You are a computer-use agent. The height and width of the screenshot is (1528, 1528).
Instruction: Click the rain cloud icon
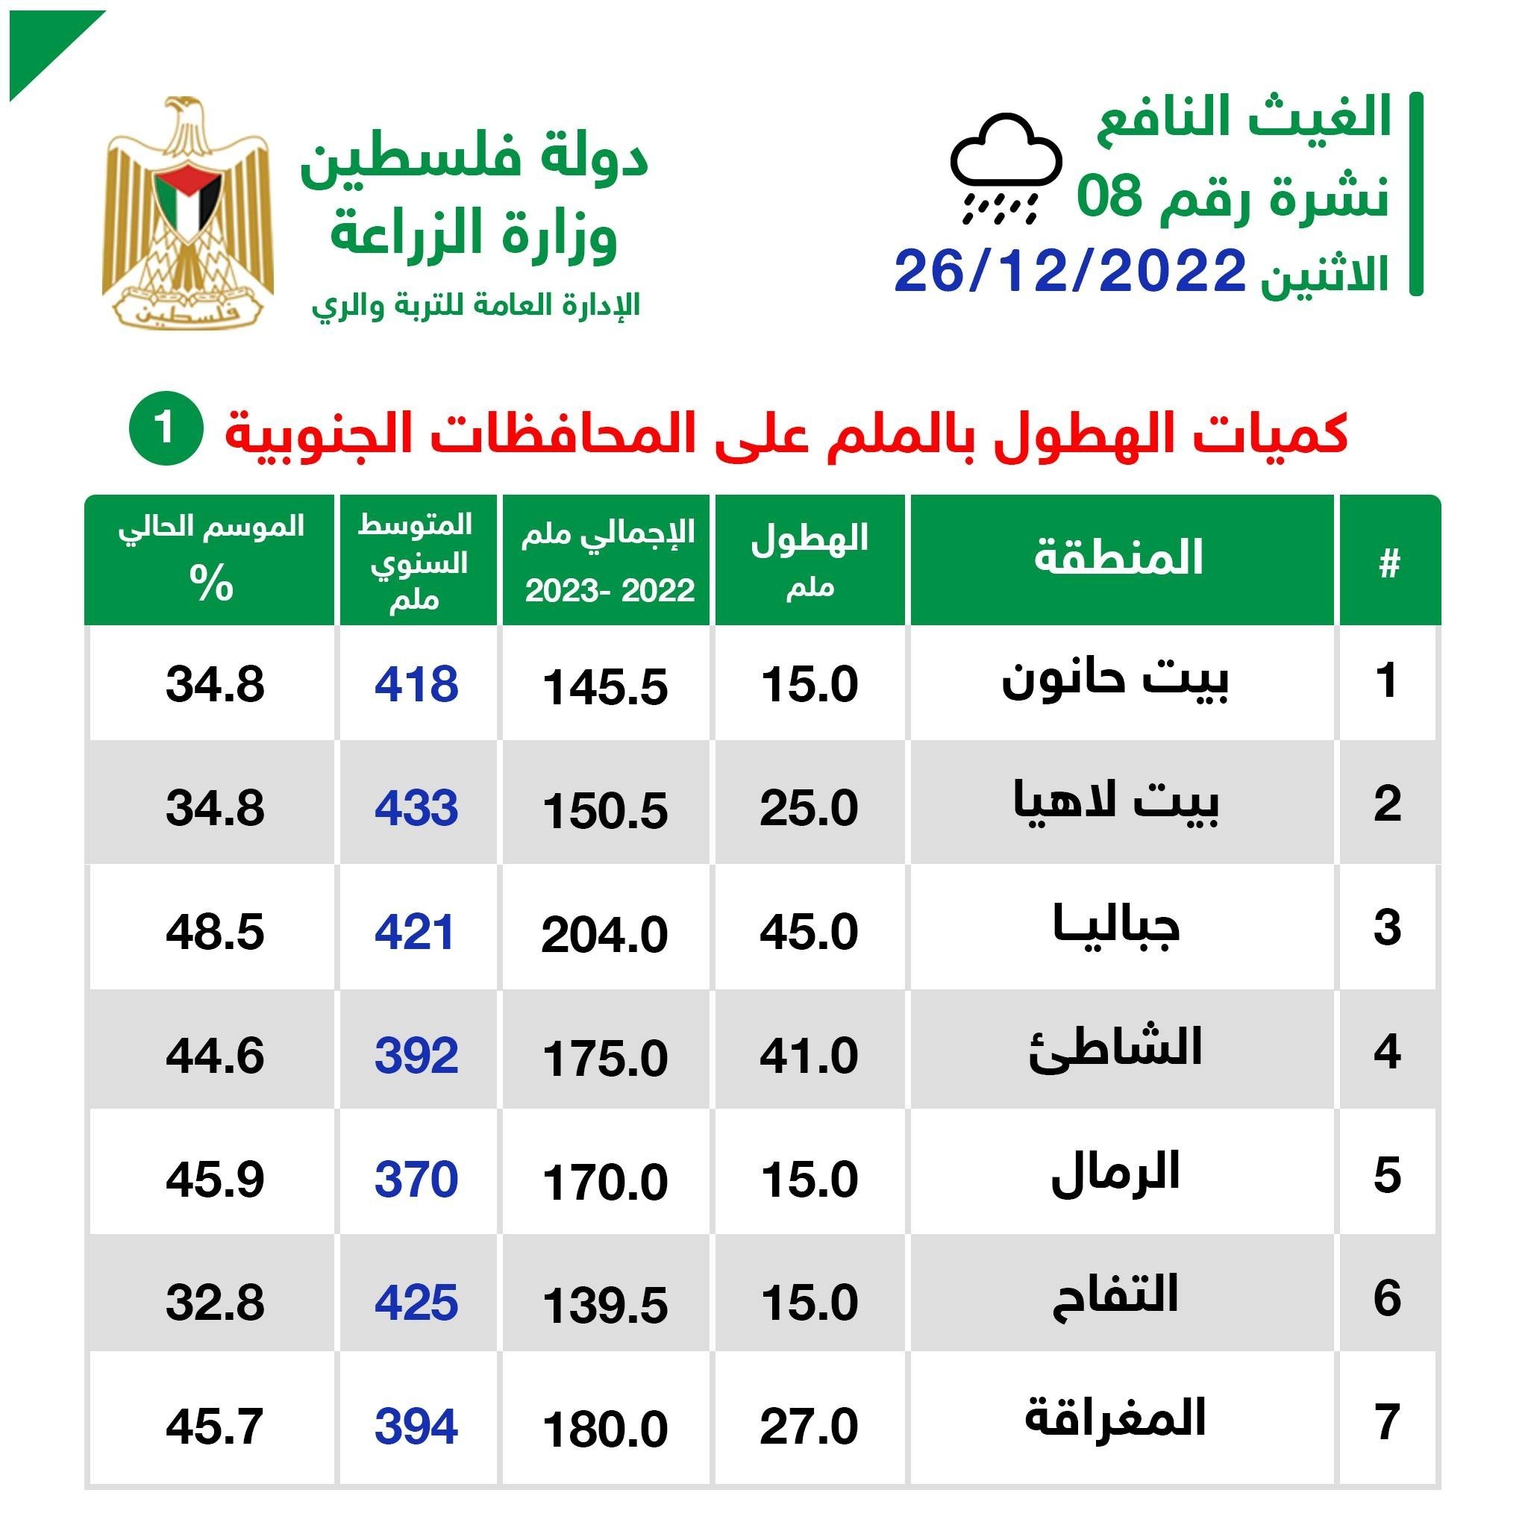(x=1004, y=168)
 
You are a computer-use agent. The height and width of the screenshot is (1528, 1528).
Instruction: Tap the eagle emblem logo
(x=187, y=212)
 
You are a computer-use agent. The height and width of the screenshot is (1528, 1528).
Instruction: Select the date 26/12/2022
(x=1070, y=272)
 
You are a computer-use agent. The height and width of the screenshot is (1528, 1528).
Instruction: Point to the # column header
(x=1388, y=564)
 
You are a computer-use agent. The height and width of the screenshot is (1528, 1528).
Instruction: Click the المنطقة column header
(x=1118, y=557)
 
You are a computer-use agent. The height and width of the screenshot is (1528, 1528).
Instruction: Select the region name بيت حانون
(x=1115, y=681)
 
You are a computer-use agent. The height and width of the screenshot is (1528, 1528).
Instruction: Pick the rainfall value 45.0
(x=809, y=932)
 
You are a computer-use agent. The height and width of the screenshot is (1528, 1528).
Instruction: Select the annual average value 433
(x=417, y=807)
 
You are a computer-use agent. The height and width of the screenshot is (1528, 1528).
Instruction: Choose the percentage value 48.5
(x=215, y=932)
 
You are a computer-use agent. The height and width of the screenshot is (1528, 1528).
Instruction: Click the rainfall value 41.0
(x=809, y=1056)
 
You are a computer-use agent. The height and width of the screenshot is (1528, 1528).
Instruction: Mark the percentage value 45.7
(x=215, y=1427)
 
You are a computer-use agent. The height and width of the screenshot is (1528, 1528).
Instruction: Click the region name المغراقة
(x=1115, y=1418)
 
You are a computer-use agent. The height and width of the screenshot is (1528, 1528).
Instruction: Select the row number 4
(x=1387, y=1052)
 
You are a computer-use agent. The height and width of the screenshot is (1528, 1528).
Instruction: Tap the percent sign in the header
(x=211, y=583)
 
